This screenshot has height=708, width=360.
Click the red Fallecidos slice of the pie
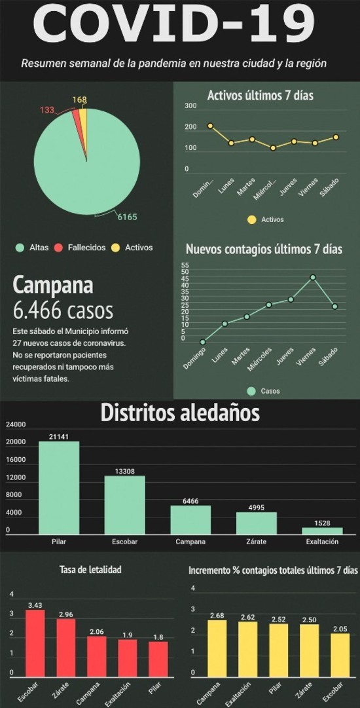click(78, 122)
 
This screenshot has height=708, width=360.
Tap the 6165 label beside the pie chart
click(127, 217)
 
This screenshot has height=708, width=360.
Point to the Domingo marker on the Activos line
click(210, 126)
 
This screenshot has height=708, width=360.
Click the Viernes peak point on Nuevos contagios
click(313, 277)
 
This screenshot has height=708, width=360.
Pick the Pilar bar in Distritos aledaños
click(59, 488)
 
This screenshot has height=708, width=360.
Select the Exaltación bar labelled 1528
click(322, 531)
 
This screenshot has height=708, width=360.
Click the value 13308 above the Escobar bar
click(125, 472)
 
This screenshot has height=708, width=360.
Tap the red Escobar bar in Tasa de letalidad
click(35, 643)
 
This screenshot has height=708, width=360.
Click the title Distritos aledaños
click(180, 412)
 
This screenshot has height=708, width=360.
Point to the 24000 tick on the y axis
click(16, 425)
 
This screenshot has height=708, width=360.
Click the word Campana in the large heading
click(53, 285)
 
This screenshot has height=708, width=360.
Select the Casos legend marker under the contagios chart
click(251, 390)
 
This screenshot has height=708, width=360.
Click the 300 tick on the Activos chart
click(191, 106)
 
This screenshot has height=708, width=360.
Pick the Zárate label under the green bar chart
click(256, 542)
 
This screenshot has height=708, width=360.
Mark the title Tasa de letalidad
click(90, 570)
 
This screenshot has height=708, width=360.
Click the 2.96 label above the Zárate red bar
click(66, 614)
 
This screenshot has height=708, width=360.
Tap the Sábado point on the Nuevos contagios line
click(334, 306)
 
